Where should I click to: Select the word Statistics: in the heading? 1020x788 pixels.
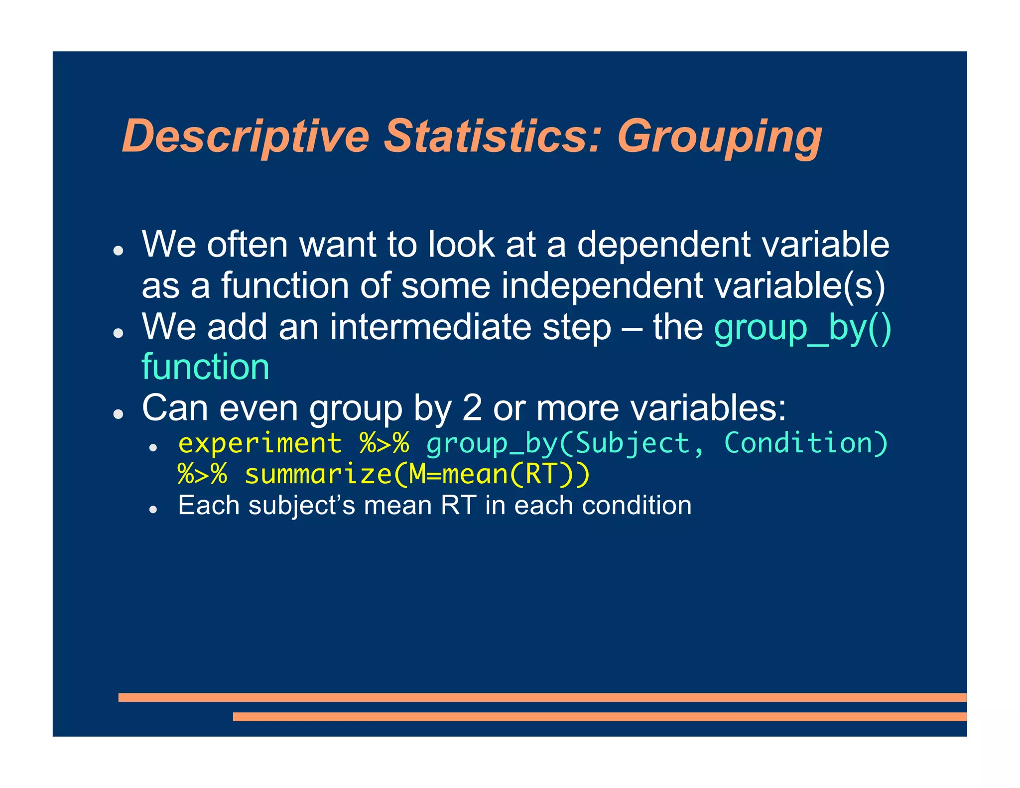pos(493,136)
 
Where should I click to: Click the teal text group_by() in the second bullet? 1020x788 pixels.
pos(802,328)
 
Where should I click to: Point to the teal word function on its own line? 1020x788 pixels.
pos(205,367)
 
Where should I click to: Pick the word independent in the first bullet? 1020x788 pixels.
pos(602,286)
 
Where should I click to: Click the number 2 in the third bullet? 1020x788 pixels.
pos(472,408)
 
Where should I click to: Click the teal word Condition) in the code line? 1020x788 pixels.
pos(806,443)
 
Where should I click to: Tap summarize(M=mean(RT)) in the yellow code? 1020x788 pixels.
pos(417,474)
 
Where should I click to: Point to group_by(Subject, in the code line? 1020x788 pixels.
pos(565,443)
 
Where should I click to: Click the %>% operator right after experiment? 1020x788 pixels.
pos(384,443)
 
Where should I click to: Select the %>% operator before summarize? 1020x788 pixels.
pos(203,474)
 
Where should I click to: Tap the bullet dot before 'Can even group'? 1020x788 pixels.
pos(118,413)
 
